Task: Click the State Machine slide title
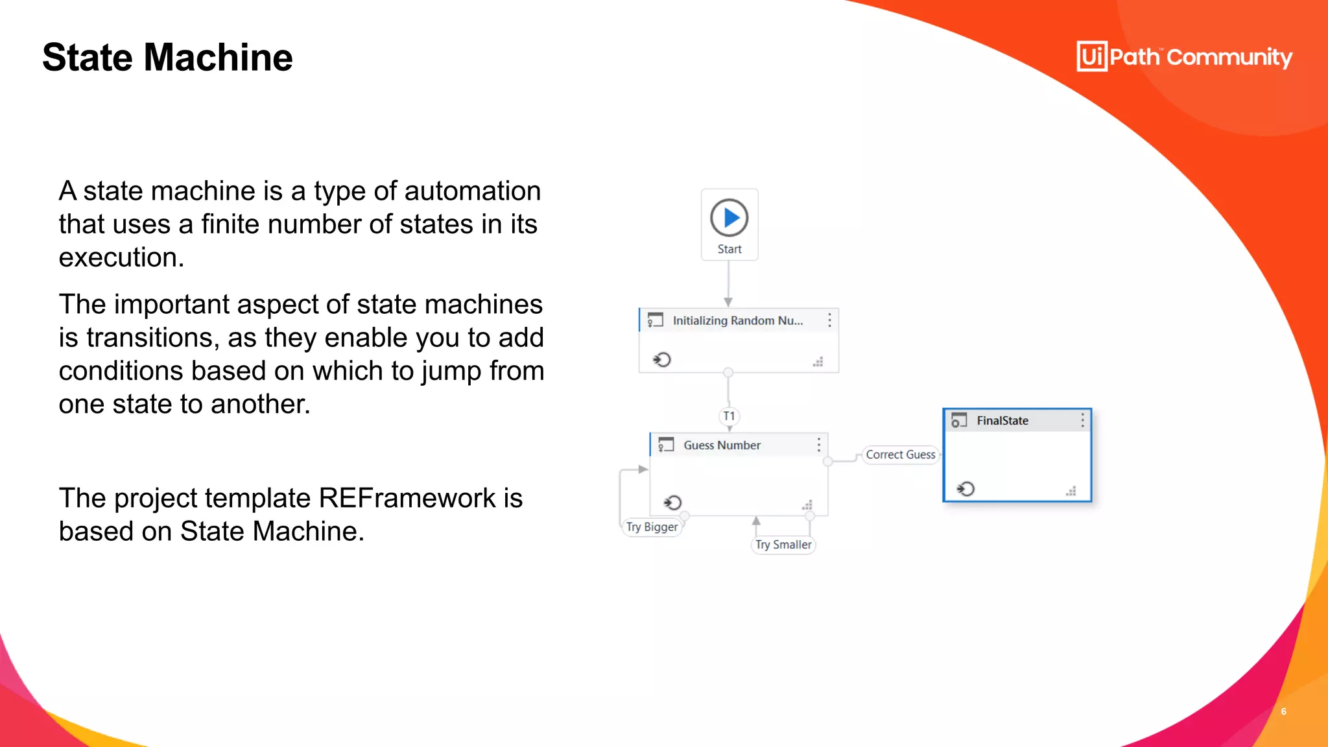[x=167, y=57]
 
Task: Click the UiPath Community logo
[x=1184, y=57]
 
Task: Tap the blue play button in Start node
[x=729, y=218]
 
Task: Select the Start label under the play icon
[x=729, y=249]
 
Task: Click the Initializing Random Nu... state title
[x=737, y=320]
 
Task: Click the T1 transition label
[x=729, y=416]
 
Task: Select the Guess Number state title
[x=722, y=445]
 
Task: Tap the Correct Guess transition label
[x=900, y=455]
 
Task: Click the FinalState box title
[x=1002, y=421]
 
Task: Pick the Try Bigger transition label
[x=652, y=527]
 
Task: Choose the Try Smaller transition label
[x=783, y=545]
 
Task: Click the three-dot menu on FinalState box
[x=1082, y=421]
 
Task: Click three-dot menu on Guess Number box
[x=819, y=445]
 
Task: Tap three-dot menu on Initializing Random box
[x=829, y=320]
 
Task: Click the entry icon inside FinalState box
[x=966, y=489]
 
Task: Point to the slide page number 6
[x=1283, y=711]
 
